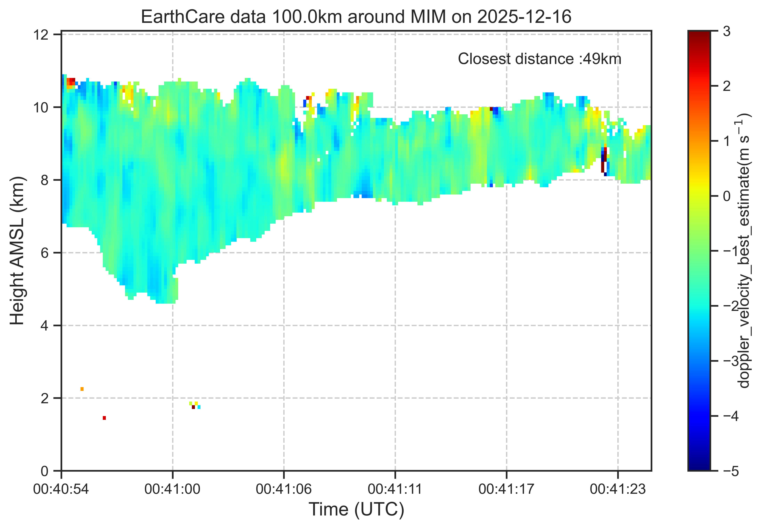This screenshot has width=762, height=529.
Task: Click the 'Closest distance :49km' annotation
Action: [539, 59]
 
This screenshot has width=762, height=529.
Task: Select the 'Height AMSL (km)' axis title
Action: [17, 251]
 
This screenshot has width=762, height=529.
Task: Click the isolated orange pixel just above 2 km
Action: [82, 389]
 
